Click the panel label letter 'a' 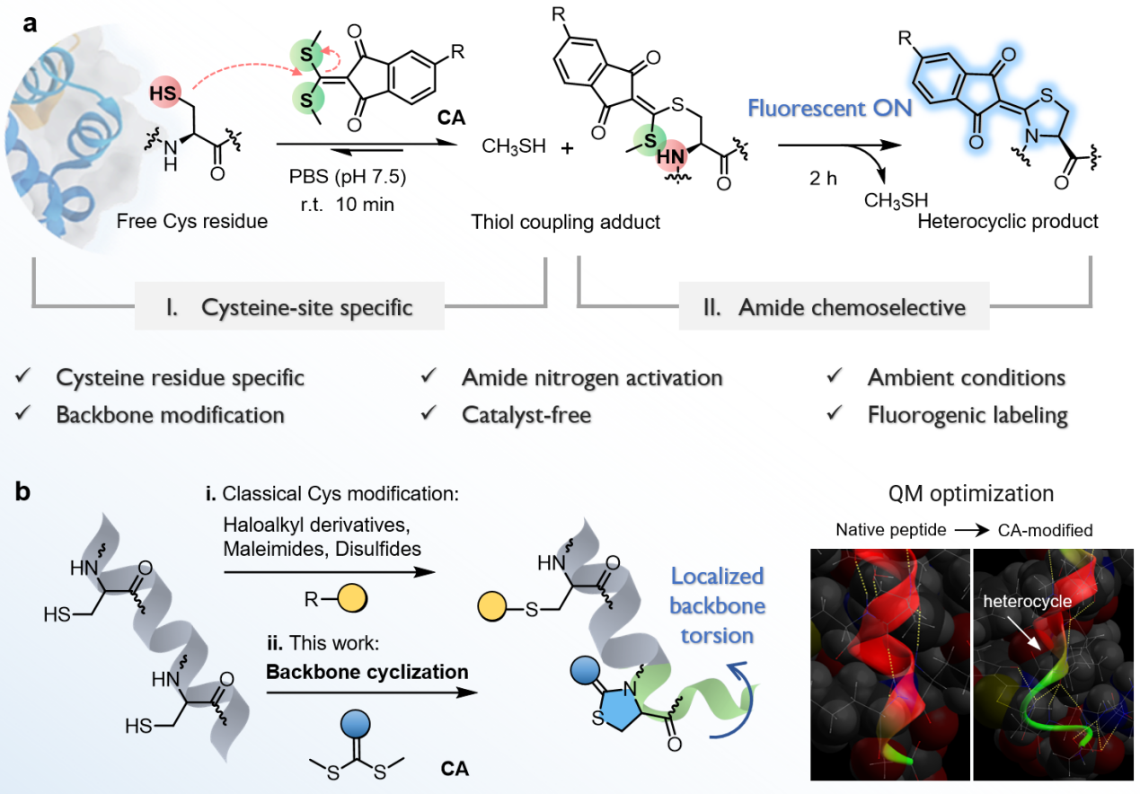point(30,24)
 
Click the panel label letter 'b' point(30,492)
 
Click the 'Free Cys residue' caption point(191,221)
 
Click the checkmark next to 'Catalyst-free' point(428,415)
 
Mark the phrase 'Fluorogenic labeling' point(968,415)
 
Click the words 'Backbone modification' point(171,415)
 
